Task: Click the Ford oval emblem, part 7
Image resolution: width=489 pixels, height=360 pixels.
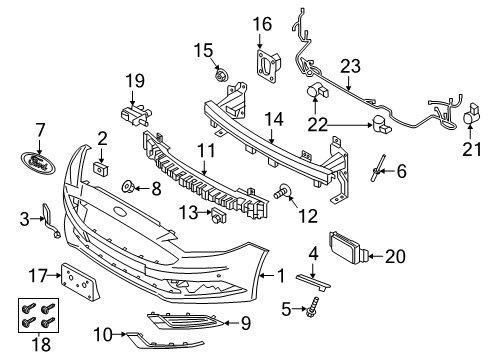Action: [38, 162]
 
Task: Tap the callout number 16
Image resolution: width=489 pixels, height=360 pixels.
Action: [262, 24]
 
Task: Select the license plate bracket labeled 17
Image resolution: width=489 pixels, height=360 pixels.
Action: [81, 280]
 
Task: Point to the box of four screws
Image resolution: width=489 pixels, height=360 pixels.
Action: [38, 315]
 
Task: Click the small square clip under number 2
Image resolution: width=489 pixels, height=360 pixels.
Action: [101, 169]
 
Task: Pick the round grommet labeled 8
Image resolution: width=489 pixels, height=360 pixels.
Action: [128, 187]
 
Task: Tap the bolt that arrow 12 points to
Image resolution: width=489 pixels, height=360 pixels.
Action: [283, 191]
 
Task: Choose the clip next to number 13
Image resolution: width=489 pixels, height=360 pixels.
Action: [218, 215]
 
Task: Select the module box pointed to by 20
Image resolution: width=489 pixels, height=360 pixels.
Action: [346, 248]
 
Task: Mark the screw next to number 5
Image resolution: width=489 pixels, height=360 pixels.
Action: [312, 306]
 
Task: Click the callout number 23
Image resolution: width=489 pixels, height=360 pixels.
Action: [350, 66]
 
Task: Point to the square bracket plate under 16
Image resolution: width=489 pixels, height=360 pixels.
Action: [268, 66]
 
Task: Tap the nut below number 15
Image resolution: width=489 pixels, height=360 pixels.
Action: [220, 75]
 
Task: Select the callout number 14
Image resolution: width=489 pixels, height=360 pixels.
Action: [274, 120]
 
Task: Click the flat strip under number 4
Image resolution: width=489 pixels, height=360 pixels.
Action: [313, 282]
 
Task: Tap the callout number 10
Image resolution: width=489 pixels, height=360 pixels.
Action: [103, 335]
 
